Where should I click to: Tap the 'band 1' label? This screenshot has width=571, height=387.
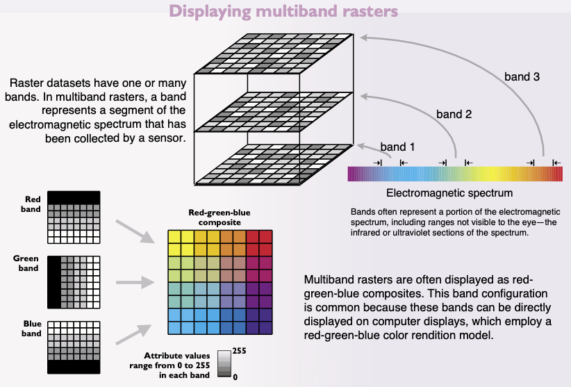(x=397, y=147)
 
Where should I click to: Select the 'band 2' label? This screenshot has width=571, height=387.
(x=454, y=113)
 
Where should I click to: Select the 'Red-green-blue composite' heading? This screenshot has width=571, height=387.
(x=219, y=217)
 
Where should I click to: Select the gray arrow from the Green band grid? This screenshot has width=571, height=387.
(x=133, y=282)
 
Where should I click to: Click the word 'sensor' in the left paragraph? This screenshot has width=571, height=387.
(x=166, y=138)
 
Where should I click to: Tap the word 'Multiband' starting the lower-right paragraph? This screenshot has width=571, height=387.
(x=329, y=280)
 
